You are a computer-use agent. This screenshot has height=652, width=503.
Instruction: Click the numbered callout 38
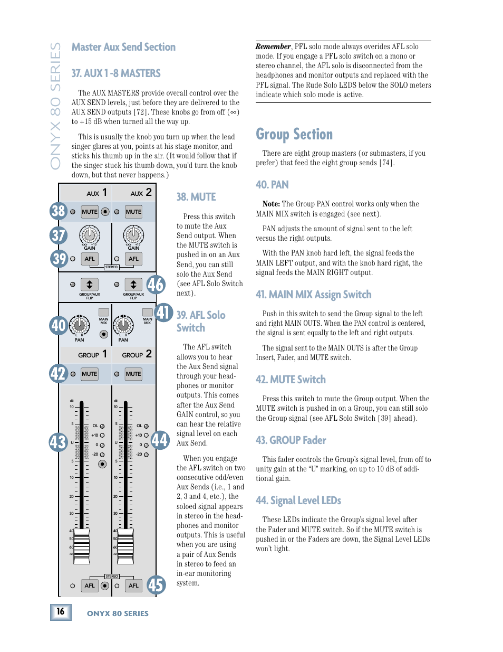tap(59, 211)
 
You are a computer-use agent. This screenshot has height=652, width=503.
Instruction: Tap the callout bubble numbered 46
tap(156, 285)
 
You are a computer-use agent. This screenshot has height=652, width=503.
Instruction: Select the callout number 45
tap(156, 585)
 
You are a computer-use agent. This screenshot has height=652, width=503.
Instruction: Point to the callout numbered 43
tap(58, 442)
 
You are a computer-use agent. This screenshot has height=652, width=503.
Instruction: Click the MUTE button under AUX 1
tap(90, 212)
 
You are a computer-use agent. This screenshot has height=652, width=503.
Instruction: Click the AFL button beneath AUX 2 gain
tap(134, 259)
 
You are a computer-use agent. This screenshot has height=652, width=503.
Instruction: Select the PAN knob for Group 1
tap(79, 325)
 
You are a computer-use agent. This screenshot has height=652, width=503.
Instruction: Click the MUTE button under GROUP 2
tap(133, 374)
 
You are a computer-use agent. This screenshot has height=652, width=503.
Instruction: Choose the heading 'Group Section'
tap(294, 135)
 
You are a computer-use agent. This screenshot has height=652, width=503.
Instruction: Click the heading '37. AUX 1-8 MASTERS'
tap(116, 73)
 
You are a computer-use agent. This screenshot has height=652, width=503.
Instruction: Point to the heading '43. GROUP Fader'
tap(291, 440)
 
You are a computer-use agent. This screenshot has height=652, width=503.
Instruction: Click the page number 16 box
tap(61, 611)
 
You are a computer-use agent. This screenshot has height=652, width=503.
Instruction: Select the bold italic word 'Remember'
tap(273, 46)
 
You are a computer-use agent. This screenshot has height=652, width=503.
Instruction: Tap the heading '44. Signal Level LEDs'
tap(298, 500)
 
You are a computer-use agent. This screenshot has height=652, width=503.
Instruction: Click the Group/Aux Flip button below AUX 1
tap(90, 285)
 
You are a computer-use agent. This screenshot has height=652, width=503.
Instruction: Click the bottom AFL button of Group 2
tap(134, 585)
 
